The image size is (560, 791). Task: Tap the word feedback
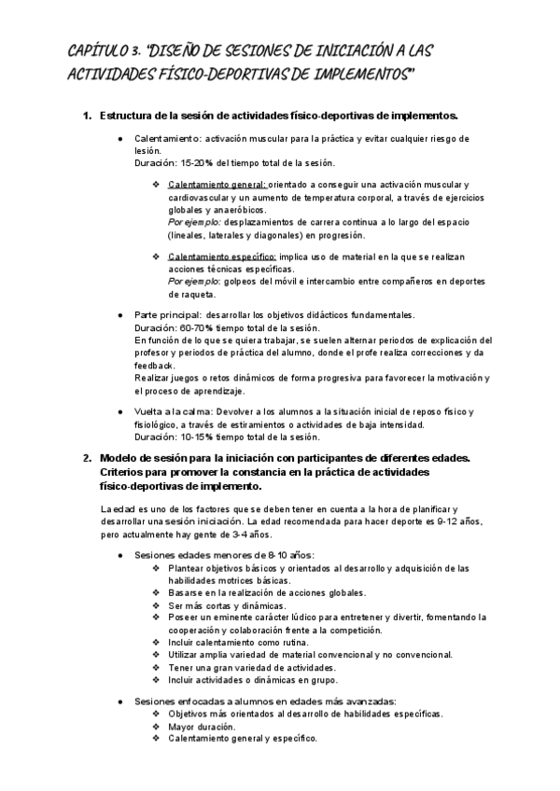(154, 365)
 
